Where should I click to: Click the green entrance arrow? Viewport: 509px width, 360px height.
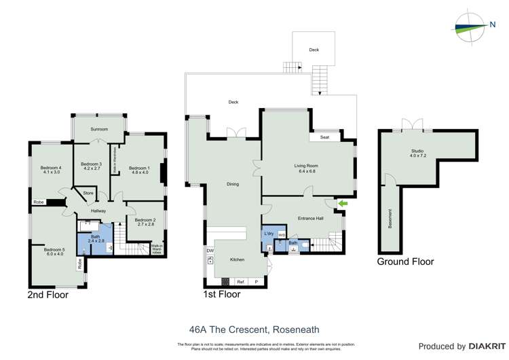(343, 202)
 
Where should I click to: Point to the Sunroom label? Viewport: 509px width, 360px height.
(100, 129)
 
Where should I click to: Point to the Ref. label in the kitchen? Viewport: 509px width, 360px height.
(240, 281)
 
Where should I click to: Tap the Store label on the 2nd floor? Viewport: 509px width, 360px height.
(88, 194)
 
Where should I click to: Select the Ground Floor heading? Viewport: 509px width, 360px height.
(406, 261)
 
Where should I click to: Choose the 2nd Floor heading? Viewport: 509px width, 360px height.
(48, 295)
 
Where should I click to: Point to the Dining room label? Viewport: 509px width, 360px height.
(232, 183)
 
